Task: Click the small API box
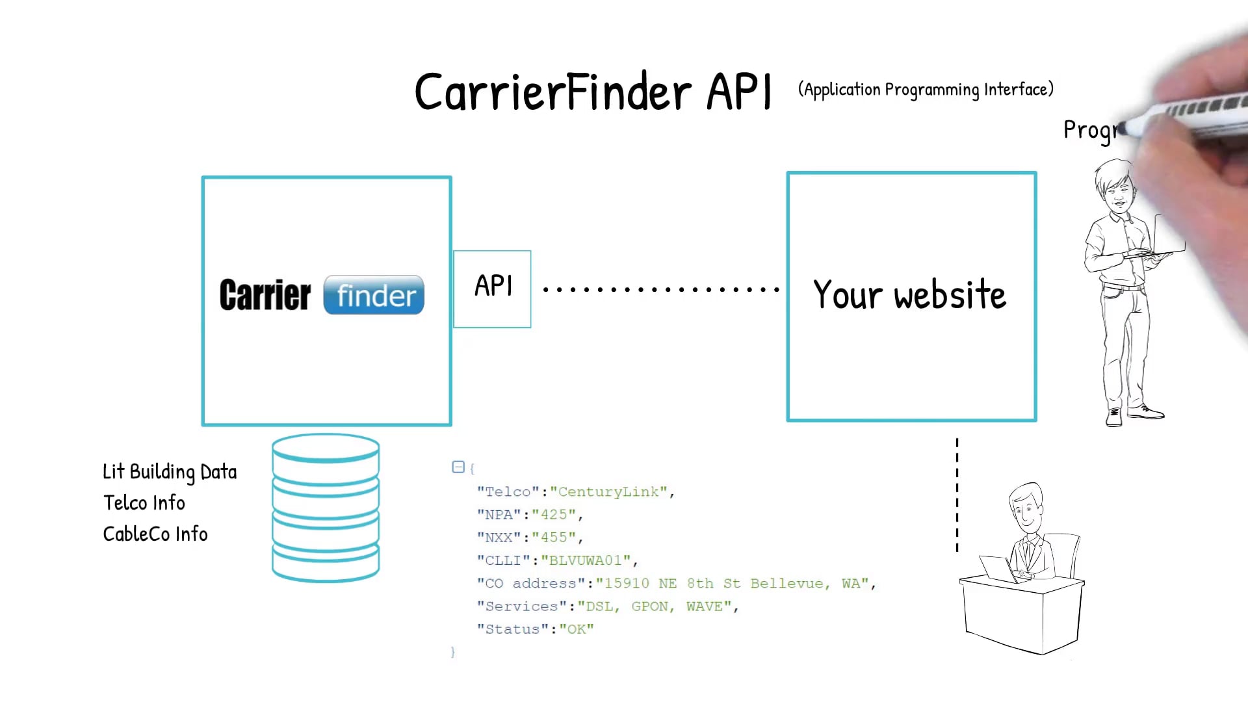pos(492,289)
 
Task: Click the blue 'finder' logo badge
pos(374,295)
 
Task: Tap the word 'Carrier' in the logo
pos(265,295)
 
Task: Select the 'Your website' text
pos(909,295)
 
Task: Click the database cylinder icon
pos(326,508)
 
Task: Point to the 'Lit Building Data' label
pos(170,472)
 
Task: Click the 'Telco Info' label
pos(144,503)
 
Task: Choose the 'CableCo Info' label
pos(155,534)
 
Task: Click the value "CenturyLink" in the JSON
pos(608,492)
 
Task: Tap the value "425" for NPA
pos(554,515)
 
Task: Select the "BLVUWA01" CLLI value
pos(586,560)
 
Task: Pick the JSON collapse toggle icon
pos(458,467)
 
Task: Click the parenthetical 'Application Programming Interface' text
pos(926,90)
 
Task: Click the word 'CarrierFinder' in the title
pos(552,92)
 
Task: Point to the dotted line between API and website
pos(660,289)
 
